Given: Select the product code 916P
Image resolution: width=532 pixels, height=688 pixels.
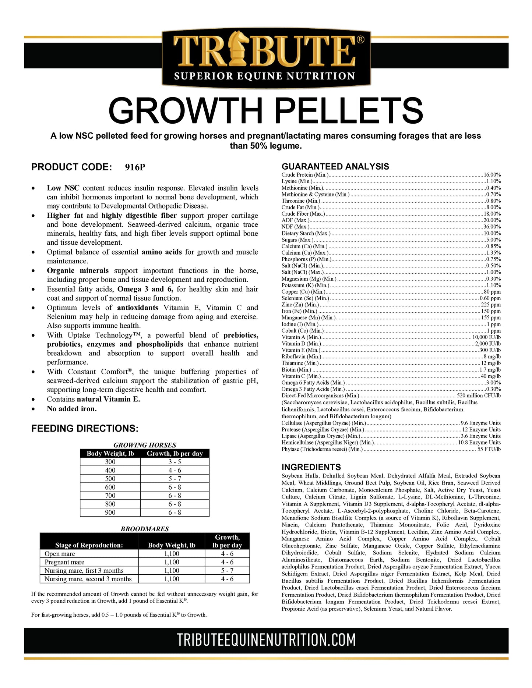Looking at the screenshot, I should pos(135,167).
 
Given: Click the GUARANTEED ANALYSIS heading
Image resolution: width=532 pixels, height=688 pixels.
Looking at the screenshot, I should pos(335,167).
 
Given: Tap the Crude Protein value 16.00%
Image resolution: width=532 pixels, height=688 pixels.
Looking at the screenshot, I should pos(492,175).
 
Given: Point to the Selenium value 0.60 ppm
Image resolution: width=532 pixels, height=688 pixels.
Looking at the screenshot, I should pos(490,298).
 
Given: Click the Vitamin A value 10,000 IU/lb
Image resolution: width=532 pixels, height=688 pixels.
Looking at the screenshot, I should pos(487,337).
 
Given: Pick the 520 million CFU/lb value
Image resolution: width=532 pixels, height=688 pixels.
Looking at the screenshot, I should pos(479,396).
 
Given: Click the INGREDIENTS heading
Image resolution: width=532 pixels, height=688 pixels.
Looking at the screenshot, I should pos(311,467).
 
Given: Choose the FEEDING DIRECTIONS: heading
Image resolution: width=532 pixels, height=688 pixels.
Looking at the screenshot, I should pos(85,429).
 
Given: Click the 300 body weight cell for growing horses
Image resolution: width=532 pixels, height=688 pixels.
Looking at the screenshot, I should pos(110,462).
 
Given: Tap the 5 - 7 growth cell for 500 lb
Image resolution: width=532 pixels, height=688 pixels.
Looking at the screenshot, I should pos(175,479).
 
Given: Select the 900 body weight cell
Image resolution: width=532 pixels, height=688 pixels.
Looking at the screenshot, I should pos(110,513).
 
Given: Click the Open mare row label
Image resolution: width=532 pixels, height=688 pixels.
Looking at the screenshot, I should pos(60,554).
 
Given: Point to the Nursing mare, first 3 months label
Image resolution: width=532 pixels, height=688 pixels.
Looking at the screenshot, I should pos(84,571).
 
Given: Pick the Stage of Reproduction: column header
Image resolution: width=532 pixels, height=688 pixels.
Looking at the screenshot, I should pos(89,545).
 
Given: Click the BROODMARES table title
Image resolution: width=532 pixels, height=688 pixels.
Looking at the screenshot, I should pos(145,529).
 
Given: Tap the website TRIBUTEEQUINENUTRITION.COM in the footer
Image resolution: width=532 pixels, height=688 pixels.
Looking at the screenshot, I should pos(266,640).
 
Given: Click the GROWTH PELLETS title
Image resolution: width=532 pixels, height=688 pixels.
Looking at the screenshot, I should pos(266,111).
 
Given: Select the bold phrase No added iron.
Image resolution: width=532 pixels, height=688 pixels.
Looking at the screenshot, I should pos(72,409).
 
